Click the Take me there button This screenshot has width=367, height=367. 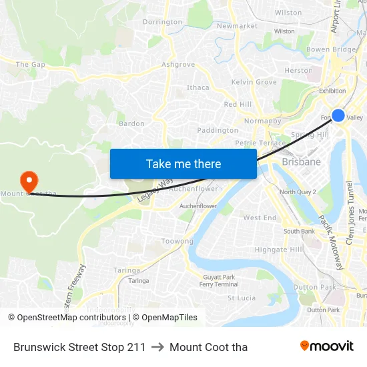(x=183, y=164)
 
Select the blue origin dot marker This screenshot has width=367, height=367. (x=338, y=115)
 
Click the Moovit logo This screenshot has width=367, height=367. (x=327, y=346)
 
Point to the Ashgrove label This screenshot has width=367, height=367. (x=178, y=65)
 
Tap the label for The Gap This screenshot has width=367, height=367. (x=30, y=65)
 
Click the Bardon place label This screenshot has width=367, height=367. (x=131, y=123)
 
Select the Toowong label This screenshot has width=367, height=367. (x=177, y=242)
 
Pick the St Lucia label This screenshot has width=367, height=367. (x=242, y=298)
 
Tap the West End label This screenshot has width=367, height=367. (x=260, y=218)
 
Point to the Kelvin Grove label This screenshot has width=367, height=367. (x=254, y=82)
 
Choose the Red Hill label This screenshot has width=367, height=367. (x=238, y=104)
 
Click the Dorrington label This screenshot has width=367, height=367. (x=162, y=22)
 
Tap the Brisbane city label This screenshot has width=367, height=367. (x=302, y=161)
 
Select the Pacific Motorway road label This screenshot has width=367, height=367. (x=330, y=242)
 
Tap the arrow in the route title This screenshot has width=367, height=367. (x=157, y=347)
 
